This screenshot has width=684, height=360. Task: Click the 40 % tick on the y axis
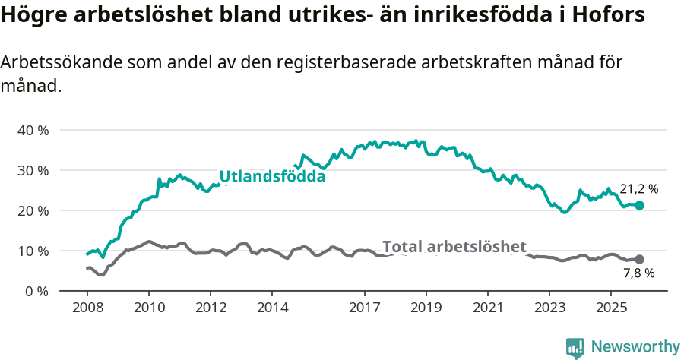pyautogui.click(x=33, y=130)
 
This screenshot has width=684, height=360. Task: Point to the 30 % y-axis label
pyautogui.click(x=33, y=170)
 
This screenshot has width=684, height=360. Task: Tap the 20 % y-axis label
pyautogui.click(x=33, y=210)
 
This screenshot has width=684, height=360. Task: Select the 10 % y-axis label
pyautogui.click(x=33, y=251)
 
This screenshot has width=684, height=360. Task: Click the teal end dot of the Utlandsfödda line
pyautogui.click(x=639, y=205)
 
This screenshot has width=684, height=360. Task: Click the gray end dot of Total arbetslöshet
pyautogui.click(x=639, y=260)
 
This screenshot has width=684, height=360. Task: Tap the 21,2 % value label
pyautogui.click(x=638, y=189)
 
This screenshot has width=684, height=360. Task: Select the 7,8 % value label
pyautogui.click(x=638, y=274)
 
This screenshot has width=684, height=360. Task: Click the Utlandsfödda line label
pyautogui.click(x=272, y=177)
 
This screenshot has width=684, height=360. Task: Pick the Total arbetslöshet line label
pyautogui.click(x=454, y=246)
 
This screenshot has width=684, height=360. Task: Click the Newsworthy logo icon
pyautogui.click(x=575, y=347)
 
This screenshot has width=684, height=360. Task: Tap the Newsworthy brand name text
pyautogui.click(x=635, y=347)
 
